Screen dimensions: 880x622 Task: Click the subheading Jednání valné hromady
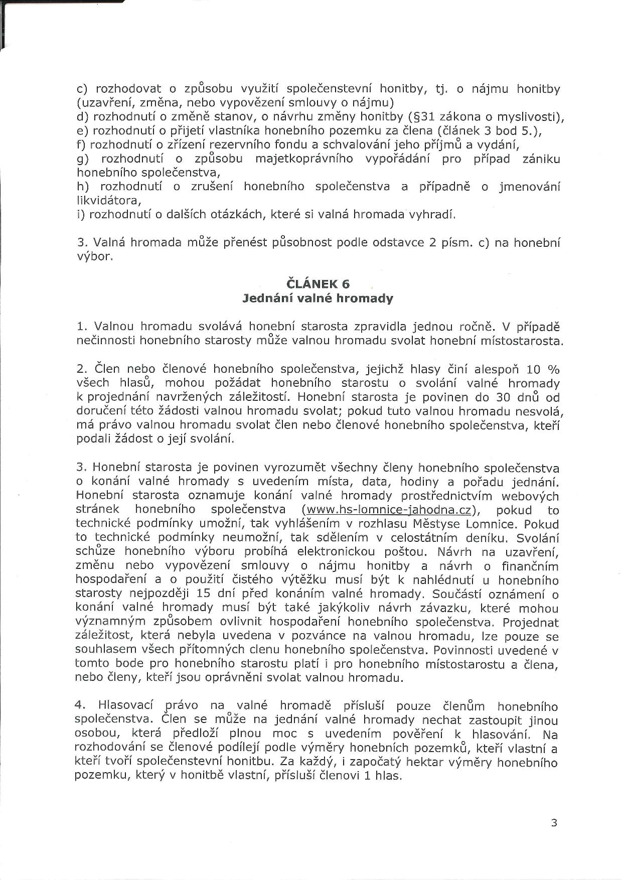pyautogui.click(x=318, y=299)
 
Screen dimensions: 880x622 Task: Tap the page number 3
pyautogui.click(x=554, y=823)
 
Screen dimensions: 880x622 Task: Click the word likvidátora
pyautogui.click(x=108, y=201)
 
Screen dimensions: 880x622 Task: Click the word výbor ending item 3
pyautogui.click(x=94, y=257)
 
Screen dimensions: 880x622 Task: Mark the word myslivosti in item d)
pyautogui.click(x=530, y=117)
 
